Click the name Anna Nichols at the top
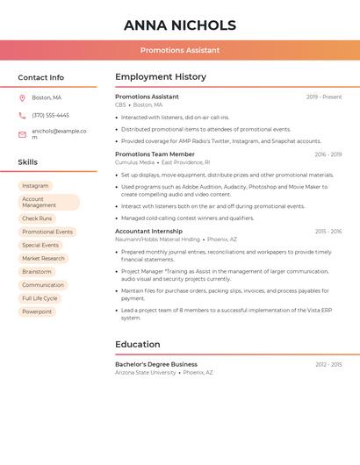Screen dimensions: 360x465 180,25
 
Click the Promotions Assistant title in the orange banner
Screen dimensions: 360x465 180,50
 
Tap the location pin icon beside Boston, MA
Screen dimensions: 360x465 22,97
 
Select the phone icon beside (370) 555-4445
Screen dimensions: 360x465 22,115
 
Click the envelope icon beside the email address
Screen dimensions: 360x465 22,134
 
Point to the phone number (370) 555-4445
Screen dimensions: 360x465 50,115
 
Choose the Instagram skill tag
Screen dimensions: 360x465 35,186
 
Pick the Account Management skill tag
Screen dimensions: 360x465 48,202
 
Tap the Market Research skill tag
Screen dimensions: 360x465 43,258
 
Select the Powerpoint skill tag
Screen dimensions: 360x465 37,311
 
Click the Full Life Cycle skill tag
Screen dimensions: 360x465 40,298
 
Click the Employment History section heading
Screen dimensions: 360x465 161,77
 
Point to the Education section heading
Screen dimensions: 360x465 138,344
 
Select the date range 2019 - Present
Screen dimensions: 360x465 324,97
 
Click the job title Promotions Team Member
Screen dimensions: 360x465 155,154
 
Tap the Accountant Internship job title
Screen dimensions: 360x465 148,232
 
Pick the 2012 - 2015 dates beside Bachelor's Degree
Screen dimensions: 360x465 328,364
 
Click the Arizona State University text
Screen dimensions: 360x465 145,373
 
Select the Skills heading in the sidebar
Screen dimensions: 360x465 28,162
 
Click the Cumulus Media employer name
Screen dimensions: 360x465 134,162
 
